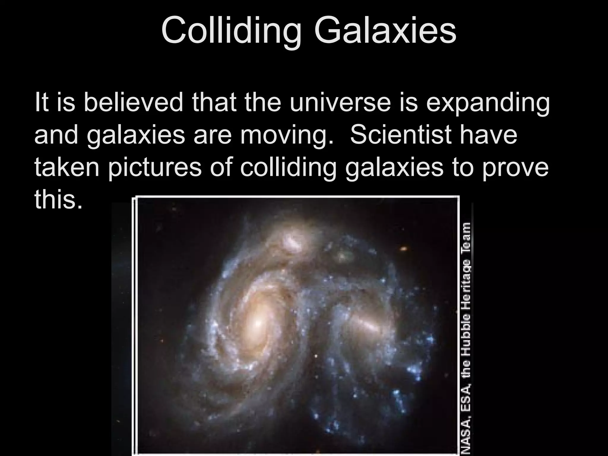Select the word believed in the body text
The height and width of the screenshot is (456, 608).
point(133,102)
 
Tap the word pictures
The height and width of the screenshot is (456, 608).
point(154,168)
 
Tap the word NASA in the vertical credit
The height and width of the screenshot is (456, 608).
point(465,438)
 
